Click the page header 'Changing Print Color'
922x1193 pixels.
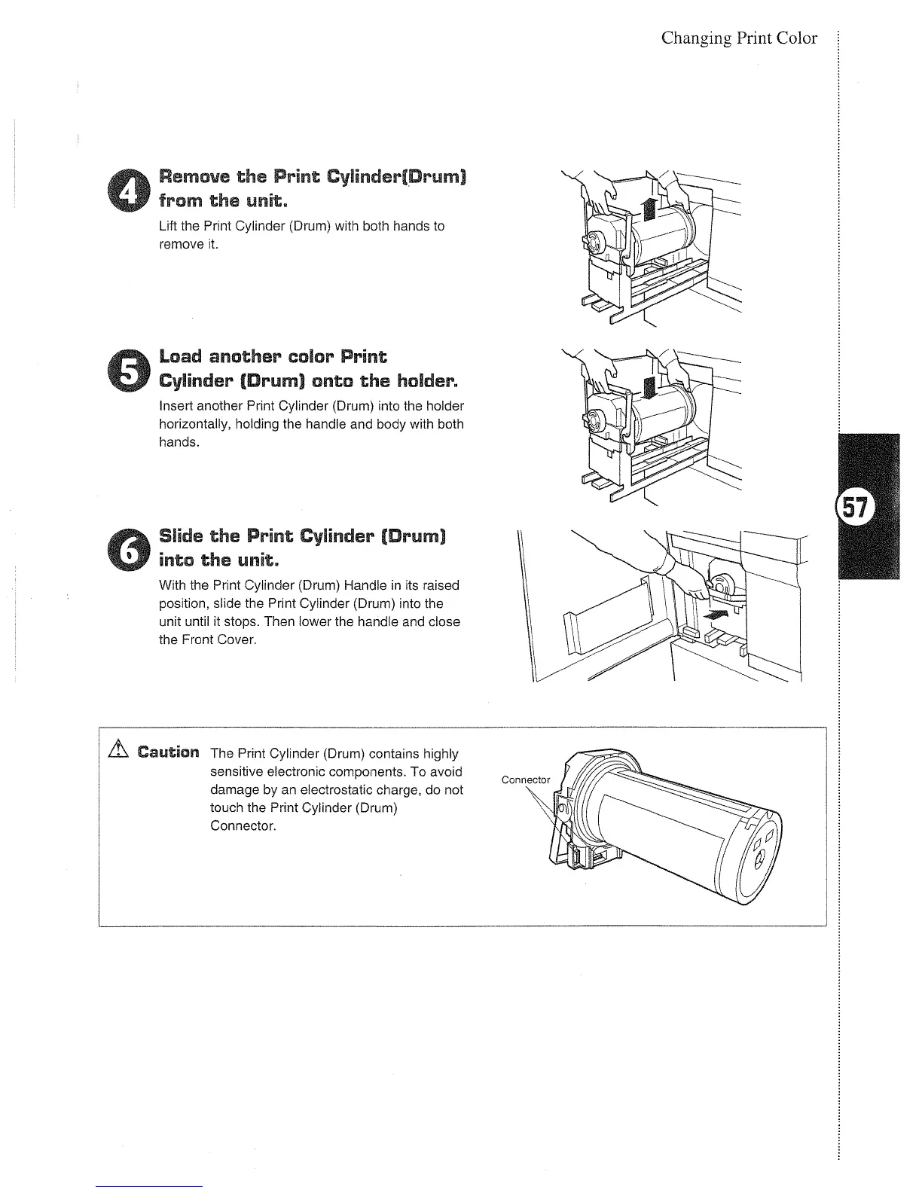coord(738,38)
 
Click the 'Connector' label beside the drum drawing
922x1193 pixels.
coord(526,780)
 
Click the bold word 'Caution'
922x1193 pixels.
coord(169,752)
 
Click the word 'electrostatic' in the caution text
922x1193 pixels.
coord(362,790)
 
